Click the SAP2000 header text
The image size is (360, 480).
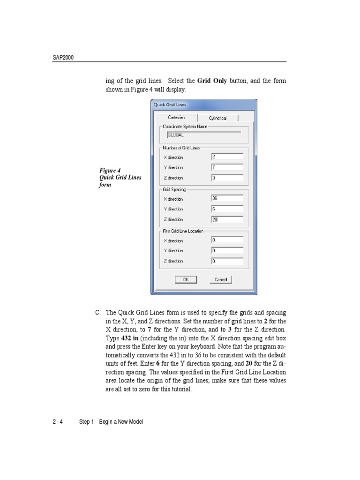pyautogui.click(x=63, y=58)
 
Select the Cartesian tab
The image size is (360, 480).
pyautogui.click(x=176, y=118)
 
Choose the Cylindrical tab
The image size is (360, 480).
pyautogui.click(x=217, y=118)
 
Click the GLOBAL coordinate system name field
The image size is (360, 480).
pyautogui.click(x=203, y=135)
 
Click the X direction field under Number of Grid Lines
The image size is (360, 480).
pyautogui.click(x=227, y=157)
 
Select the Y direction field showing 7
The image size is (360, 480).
pyautogui.click(x=227, y=167)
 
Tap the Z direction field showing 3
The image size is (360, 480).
pyautogui.click(x=227, y=178)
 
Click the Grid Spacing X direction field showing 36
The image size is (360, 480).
pyautogui.click(x=227, y=198)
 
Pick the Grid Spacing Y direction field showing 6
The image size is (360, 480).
pyautogui.click(x=227, y=209)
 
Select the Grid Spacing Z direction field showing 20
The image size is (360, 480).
pyautogui.click(x=227, y=219)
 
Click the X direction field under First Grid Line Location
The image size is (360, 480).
pyautogui.click(x=227, y=240)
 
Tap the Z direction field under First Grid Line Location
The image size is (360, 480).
pyautogui.click(x=227, y=261)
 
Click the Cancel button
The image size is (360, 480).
pyautogui.click(x=220, y=279)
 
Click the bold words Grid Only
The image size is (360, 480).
pyautogui.click(x=212, y=81)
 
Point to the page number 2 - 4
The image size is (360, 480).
pyautogui.click(x=58, y=422)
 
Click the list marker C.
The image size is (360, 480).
pyautogui.click(x=97, y=312)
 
